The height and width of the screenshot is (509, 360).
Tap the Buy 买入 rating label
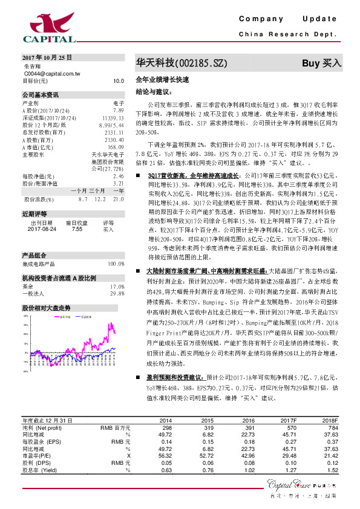point(322,62)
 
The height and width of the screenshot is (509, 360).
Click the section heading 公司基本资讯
point(41,95)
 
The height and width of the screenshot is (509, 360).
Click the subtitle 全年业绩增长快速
point(162,80)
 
